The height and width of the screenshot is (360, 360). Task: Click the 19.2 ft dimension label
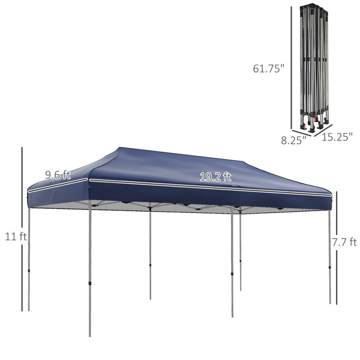point(215,176)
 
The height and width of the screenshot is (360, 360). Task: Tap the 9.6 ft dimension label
point(58,175)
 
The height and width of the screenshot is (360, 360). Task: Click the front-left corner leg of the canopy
point(90,270)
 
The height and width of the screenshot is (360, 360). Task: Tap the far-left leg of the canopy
point(29,258)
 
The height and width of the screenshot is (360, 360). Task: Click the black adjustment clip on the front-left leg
point(90,281)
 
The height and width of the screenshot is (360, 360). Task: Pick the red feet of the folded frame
point(312,127)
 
